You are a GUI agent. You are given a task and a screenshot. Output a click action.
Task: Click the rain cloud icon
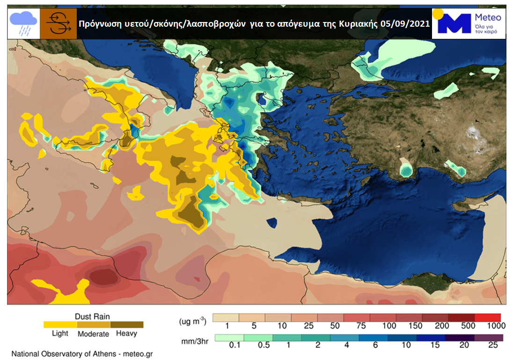coord(24,23)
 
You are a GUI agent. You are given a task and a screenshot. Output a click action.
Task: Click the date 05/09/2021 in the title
coord(404,24)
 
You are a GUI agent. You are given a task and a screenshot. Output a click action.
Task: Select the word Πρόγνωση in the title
coord(97,24)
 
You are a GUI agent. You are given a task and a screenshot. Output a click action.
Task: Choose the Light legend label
coord(60,333)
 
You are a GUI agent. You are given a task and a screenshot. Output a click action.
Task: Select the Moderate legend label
coord(93,334)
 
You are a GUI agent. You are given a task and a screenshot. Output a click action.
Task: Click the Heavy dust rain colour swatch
coord(127,324)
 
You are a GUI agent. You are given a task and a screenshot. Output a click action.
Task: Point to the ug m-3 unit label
coord(192,321)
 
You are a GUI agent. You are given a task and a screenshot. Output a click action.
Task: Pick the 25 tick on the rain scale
coord(492,345)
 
